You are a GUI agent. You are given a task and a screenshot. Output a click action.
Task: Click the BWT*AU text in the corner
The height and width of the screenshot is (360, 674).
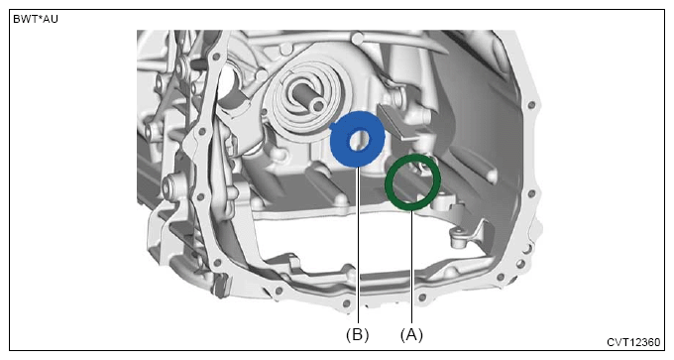(x=36, y=20)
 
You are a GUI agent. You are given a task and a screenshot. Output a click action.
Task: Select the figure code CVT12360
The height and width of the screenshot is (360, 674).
(x=633, y=342)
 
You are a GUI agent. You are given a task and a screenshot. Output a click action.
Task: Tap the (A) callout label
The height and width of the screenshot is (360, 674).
(x=411, y=334)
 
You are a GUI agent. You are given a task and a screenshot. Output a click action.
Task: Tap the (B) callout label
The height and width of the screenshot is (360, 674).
(x=357, y=334)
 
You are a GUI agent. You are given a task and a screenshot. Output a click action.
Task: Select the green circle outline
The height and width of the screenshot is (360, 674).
(x=387, y=182)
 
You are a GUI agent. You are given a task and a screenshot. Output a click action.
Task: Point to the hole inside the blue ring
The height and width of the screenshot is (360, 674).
(x=359, y=141)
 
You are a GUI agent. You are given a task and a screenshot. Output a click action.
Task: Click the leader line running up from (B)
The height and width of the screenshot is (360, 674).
(x=358, y=245)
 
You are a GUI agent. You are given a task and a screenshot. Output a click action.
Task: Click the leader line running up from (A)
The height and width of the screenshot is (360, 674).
(x=411, y=267)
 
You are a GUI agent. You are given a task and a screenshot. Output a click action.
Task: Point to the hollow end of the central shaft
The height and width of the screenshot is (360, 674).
(x=318, y=104)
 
